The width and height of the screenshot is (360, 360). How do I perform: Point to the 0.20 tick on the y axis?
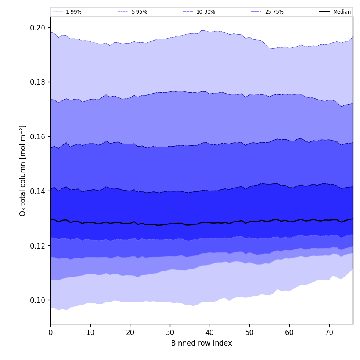point(38,28)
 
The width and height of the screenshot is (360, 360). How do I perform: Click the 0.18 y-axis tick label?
point(38,82)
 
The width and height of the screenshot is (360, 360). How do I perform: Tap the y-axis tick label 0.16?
point(38,137)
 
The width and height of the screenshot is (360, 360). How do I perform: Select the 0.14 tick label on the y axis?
point(38,191)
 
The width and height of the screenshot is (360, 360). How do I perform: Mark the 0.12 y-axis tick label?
point(38,246)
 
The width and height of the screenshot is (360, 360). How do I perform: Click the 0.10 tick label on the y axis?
point(38,300)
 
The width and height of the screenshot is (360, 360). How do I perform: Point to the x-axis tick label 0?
point(50,333)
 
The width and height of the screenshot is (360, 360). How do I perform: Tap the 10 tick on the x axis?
point(90,333)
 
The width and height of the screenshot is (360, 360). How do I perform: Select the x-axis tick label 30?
point(170,333)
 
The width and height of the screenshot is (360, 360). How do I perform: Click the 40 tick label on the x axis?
point(210,333)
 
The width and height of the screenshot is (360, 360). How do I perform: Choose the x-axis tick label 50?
point(249,333)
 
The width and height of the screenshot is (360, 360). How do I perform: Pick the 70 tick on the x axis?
point(329,333)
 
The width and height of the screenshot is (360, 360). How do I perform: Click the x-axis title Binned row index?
point(202,343)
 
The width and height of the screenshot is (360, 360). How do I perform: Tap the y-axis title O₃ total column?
point(23,170)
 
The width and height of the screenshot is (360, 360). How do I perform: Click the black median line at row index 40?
point(210,222)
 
